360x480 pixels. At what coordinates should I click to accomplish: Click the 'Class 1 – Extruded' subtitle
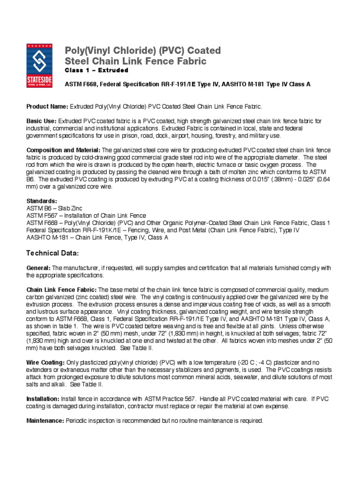pos(96,71)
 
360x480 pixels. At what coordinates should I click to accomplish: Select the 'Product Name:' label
pos(47,107)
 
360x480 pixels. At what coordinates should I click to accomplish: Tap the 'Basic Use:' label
pos(41,121)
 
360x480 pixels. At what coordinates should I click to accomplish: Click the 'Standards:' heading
pos(42,201)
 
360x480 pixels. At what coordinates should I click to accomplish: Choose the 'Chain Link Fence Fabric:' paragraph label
pos(61,290)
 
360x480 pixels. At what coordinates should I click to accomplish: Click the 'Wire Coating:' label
pos(45,363)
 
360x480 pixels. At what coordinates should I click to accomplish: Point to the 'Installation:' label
pos(42,399)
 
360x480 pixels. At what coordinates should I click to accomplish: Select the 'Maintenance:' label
pos(45,421)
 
